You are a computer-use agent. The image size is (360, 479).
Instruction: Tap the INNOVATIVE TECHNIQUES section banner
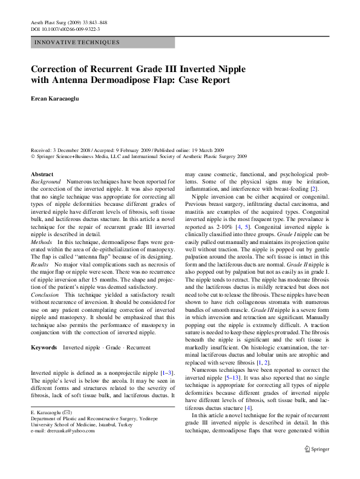[x=77, y=42]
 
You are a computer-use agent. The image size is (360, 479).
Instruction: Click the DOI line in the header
[x=65, y=28]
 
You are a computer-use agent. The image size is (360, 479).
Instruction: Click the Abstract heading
[x=42, y=174]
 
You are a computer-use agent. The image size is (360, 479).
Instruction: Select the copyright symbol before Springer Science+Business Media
[x=33, y=156]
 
